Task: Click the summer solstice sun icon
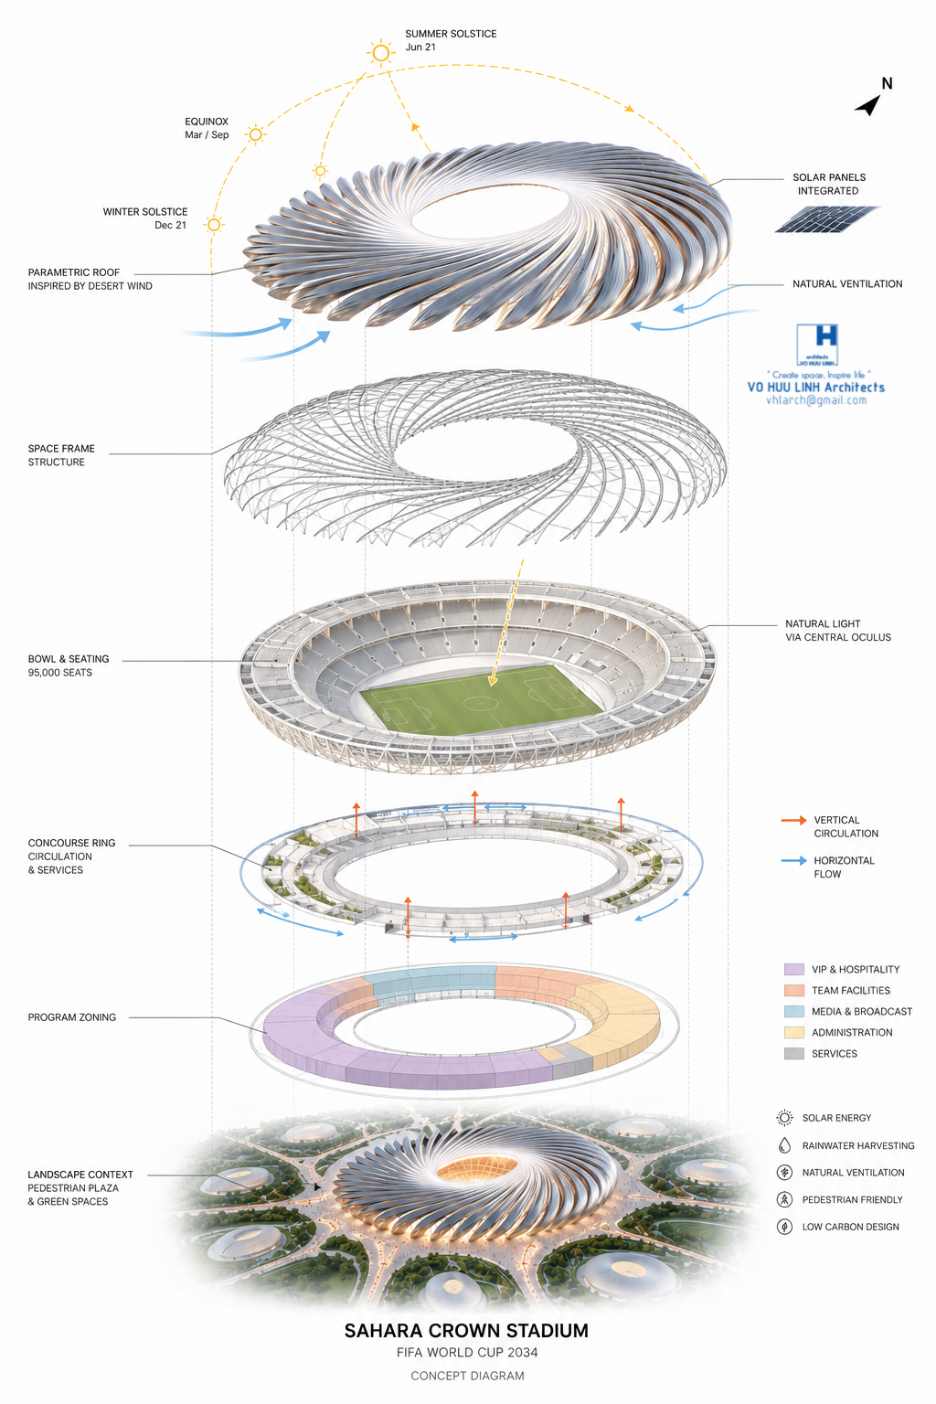380,53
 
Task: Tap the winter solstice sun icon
214,224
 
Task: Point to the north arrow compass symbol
868,105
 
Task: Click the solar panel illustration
827,219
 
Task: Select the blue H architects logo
817,345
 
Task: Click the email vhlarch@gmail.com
816,400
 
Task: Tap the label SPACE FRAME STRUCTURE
61,455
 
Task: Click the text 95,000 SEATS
60,673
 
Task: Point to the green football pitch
481,699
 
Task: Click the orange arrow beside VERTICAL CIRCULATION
793,820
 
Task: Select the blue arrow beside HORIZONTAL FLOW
793,860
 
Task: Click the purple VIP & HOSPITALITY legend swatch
793,969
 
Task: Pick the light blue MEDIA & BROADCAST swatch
793,1011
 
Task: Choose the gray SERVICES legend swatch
793,1054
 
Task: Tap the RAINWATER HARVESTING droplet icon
784,1145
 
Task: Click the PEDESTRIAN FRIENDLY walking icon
784,1199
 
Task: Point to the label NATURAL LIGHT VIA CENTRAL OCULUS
838,631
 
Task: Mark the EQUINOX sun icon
255,134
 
